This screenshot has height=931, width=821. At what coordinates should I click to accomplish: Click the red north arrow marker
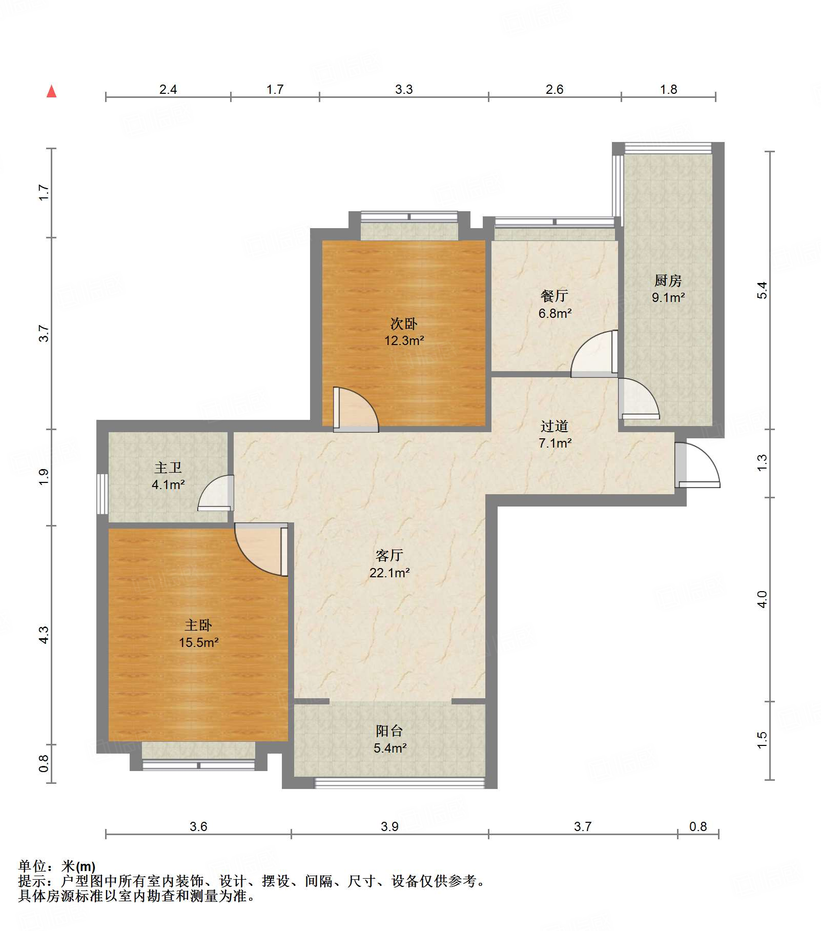coord(52,91)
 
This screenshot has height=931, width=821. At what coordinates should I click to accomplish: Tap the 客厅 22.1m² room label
coord(389,564)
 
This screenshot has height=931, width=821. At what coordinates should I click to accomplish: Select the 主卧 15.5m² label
coord(198,634)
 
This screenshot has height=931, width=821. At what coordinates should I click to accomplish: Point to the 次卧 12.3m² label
coord(404,332)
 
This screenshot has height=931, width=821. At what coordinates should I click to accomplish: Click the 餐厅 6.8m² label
coord(555,305)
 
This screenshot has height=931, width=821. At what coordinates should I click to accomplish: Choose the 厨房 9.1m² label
coord(668,289)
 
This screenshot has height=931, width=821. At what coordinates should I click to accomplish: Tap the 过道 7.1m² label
coord(555,434)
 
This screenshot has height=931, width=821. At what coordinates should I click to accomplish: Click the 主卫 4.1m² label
coord(168,476)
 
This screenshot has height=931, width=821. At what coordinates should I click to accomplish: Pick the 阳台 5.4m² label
coord(389,739)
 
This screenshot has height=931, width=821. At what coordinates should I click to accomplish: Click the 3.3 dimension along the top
coord(404,90)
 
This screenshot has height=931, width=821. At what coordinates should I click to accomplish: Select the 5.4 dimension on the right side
coord(763,290)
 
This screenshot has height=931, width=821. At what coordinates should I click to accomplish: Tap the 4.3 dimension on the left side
coord(44,635)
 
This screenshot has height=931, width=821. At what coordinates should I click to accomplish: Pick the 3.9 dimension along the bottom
coord(389,826)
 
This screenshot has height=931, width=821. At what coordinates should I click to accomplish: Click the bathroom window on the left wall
coord(102,494)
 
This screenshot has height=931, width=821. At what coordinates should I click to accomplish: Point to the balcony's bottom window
coord(399,783)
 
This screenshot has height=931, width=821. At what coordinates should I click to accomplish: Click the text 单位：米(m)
coord(57,866)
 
